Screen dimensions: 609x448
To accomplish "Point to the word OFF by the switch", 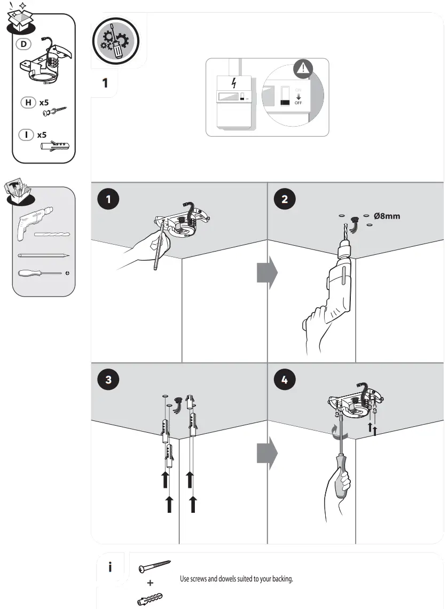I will point(298,103).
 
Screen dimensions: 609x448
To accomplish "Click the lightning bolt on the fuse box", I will point(233,83).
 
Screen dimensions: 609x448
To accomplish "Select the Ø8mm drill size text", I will point(387,216).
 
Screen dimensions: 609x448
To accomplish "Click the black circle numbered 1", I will point(109,199).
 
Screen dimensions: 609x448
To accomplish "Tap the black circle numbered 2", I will point(285,199).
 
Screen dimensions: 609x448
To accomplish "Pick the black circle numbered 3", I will point(109,380).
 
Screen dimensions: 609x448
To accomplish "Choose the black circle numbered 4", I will point(285,380).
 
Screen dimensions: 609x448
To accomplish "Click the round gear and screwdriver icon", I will point(115,42).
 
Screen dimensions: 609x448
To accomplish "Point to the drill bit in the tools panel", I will point(52,235).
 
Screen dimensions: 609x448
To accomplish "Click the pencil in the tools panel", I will point(43,255).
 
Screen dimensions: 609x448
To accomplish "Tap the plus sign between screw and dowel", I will point(151,583).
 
